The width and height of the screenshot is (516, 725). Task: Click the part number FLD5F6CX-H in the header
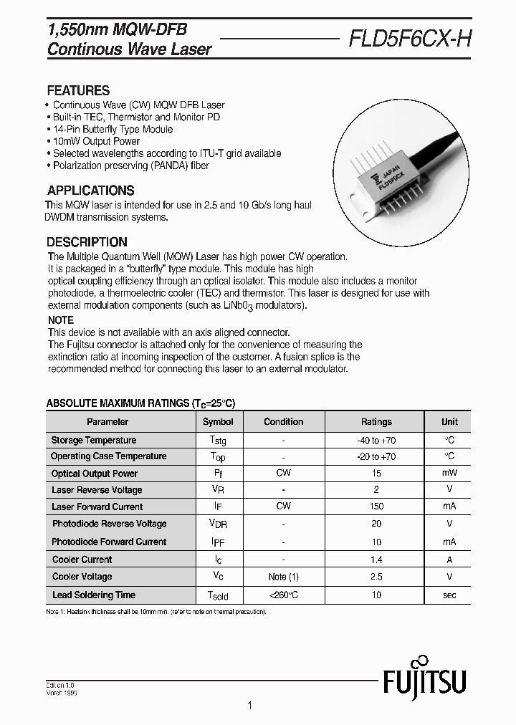point(410,40)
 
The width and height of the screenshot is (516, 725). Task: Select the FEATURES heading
point(78,91)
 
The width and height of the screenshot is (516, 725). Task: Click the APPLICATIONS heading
point(90,191)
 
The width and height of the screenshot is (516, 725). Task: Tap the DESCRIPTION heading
point(87,242)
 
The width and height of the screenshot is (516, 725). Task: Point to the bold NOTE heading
point(61,320)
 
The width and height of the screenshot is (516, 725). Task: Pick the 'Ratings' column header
point(376,422)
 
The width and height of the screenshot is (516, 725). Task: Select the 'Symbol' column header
point(218,422)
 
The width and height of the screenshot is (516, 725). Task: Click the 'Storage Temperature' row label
point(93,440)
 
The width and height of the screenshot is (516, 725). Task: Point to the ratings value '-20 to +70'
point(376,456)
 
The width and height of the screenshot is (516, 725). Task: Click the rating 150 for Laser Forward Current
point(376,506)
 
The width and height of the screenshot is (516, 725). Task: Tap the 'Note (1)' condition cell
point(283,577)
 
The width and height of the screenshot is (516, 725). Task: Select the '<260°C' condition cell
point(283,595)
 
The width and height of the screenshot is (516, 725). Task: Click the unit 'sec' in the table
point(449,595)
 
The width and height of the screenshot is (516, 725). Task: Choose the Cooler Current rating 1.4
point(376,560)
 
